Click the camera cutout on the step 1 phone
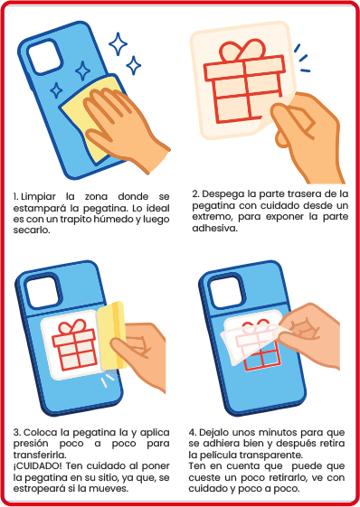44,58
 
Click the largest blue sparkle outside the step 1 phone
118,44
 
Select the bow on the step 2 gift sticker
242,51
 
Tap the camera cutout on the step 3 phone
42,292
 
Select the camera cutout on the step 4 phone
226,292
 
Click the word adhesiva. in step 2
215,229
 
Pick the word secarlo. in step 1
32,230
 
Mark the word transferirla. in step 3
40,455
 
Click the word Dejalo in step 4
214,433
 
